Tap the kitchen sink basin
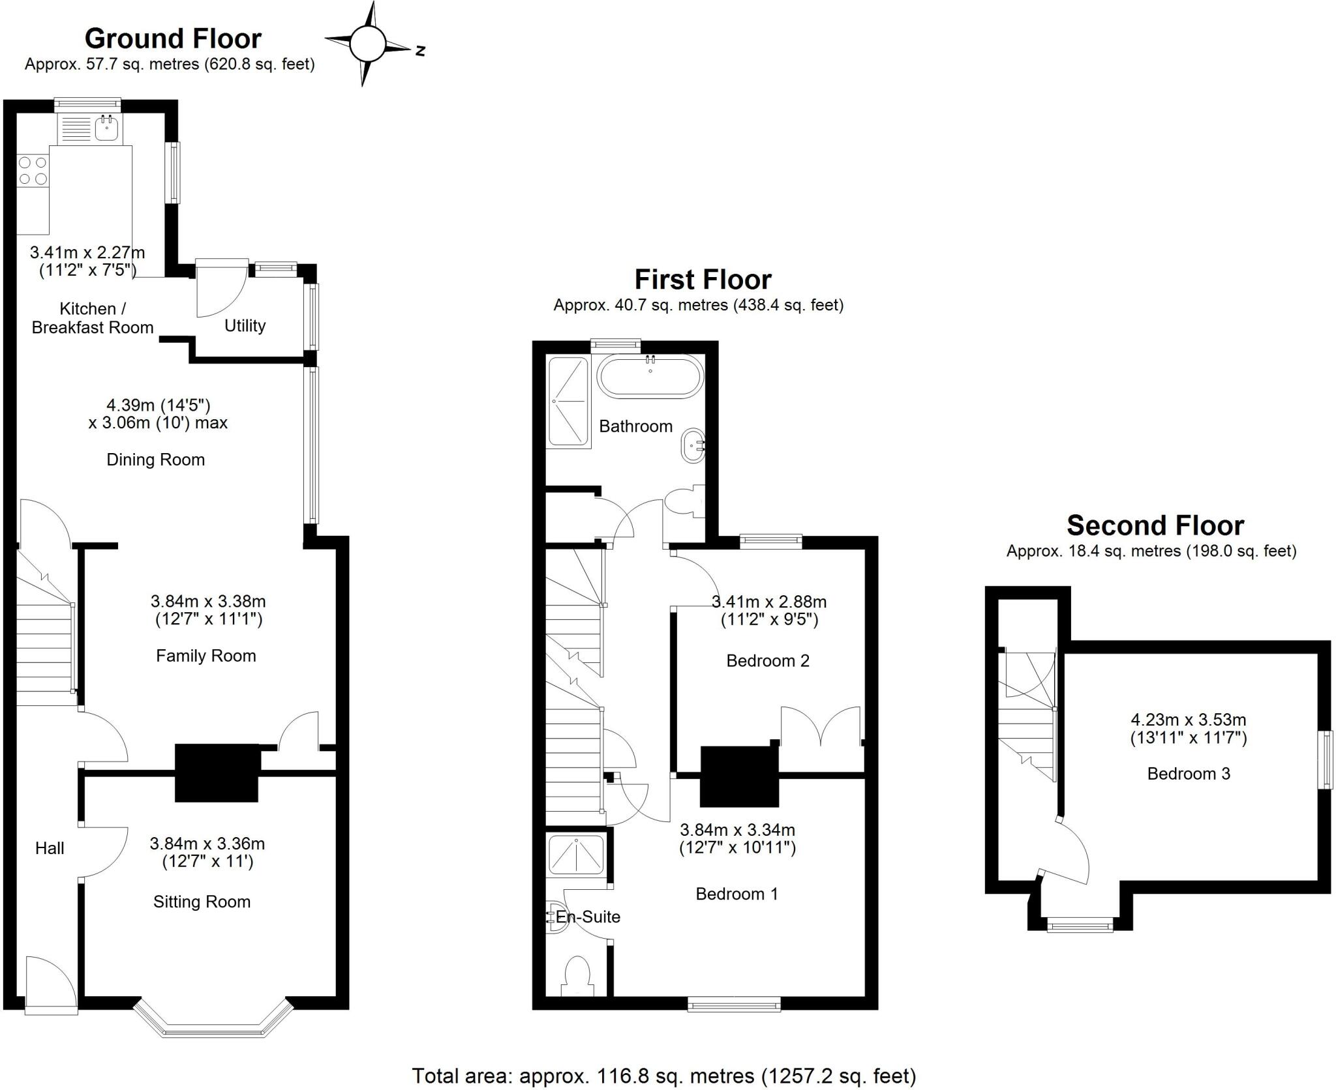[106, 128]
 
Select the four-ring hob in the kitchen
[33, 170]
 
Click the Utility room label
[245, 325]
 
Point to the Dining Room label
[155, 460]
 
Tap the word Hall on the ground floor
[50, 848]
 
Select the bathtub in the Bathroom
[650, 377]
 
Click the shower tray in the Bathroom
[568, 402]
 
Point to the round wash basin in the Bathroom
[693, 446]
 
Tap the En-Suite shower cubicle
[576, 855]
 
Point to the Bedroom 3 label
[1189, 774]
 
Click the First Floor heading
[703, 280]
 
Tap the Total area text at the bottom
[663, 1076]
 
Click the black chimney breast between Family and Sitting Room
[217, 773]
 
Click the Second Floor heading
[1155, 525]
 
